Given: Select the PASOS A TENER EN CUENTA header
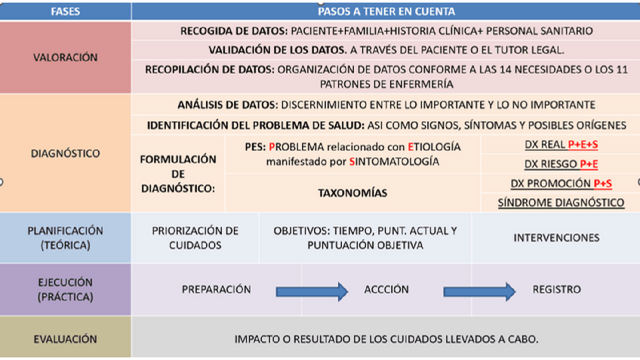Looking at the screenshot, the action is click(x=386, y=11).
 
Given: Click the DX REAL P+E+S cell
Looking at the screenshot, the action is click(x=560, y=144).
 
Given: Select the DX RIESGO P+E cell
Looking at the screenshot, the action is click(x=560, y=164).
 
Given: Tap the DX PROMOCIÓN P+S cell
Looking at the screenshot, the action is click(x=561, y=183).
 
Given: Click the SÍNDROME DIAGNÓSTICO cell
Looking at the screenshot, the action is click(x=561, y=202).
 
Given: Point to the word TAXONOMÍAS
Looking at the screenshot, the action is click(x=352, y=193).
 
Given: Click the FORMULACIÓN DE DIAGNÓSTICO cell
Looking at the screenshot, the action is click(x=178, y=174).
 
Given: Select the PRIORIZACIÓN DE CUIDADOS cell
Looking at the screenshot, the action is click(x=195, y=237).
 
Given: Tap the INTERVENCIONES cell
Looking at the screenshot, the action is click(x=556, y=237).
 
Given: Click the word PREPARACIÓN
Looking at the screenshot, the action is click(x=216, y=289).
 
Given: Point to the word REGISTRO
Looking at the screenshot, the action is click(x=556, y=289).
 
